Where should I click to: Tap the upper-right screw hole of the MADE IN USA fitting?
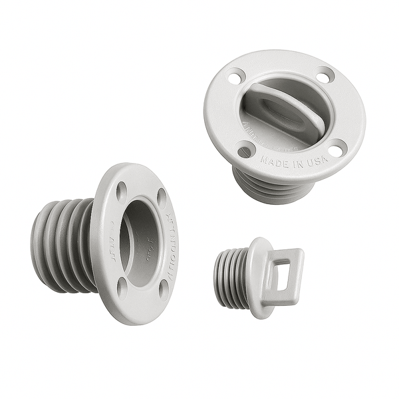click(x=323, y=77)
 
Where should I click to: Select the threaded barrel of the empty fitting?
click(x=63, y=246)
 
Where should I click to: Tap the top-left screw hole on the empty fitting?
click(x=122, y=192)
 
